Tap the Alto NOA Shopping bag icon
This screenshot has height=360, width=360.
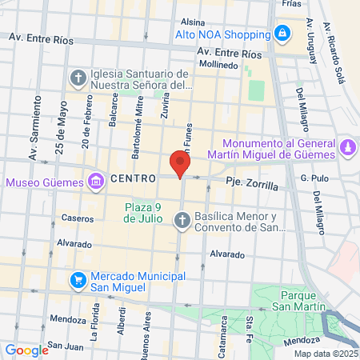pos(281,34)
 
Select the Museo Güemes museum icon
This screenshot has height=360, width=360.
pos(96,182)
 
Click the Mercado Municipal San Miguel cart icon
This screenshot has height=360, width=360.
pos(78,279)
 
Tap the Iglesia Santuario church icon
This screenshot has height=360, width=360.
pos(78,78)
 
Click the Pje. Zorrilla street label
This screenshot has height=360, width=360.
pos(251,183)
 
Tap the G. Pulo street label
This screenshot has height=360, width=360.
pos(314,178)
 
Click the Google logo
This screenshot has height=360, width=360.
pos(26,350)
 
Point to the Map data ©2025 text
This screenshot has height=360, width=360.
pos(325,354)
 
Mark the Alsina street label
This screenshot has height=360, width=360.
pos(193,22)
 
